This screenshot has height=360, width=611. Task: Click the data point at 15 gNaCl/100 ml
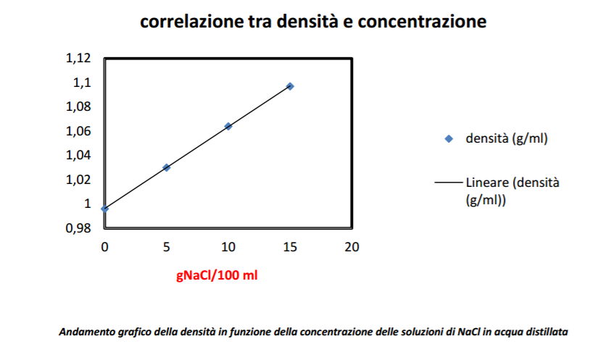point(290,86)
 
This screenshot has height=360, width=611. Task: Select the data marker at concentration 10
point(228,126)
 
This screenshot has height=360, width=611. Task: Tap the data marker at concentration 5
point(167,167)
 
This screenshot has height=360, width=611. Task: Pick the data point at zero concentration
point(105,209)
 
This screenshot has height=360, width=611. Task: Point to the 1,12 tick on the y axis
point(80,59)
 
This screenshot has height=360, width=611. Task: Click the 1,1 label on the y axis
point(83,83)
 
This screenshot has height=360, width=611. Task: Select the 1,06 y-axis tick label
point(80,131)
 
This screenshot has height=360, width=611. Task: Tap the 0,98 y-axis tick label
point(80,228)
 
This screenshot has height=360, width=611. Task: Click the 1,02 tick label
point(80,180)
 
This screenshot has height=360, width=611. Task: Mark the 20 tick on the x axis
point(352,247)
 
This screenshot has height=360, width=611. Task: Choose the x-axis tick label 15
point(290,247)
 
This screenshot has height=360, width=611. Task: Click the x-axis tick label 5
point(167,247)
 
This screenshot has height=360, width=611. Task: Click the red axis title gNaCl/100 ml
point(217,275)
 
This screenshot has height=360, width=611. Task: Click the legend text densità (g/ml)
point(506,139)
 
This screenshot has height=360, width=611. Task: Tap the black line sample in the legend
point(449,183)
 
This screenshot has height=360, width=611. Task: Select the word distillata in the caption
point(548,332)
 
